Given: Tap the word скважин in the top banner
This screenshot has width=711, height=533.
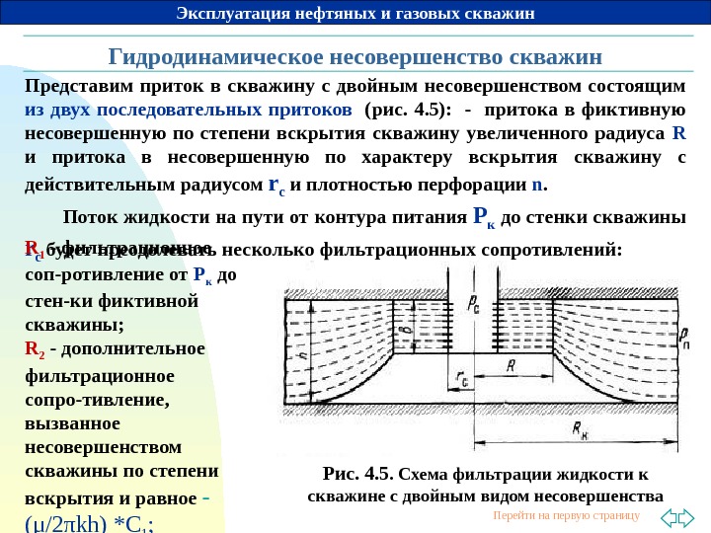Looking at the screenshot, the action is point(500,13).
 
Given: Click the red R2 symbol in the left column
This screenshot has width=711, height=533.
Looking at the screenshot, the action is point(34,348).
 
